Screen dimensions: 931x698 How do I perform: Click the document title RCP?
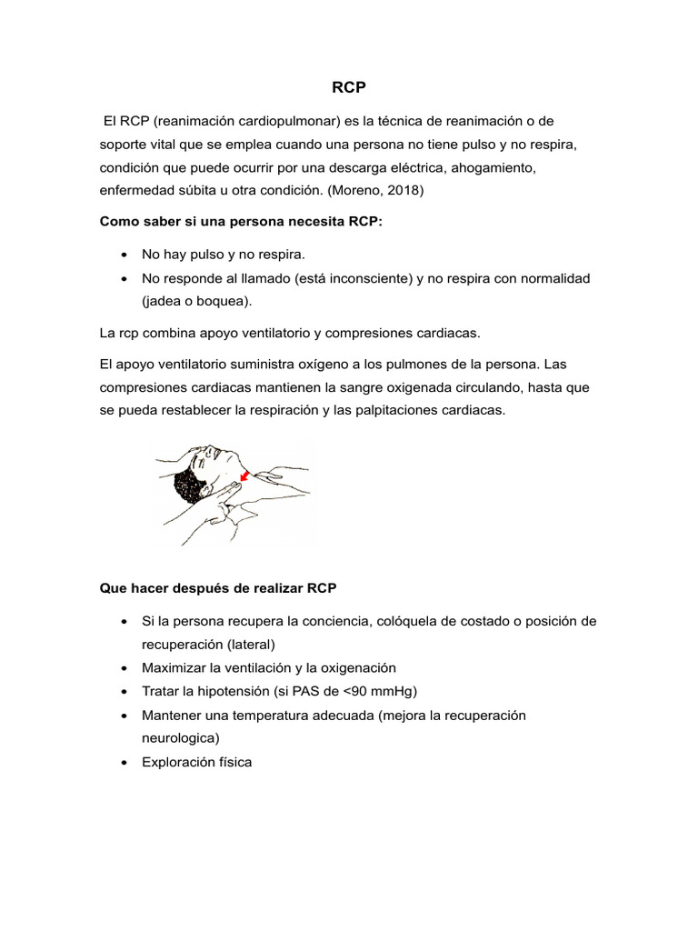click(348, 88)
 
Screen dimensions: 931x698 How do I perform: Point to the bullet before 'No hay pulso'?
click(123, 255)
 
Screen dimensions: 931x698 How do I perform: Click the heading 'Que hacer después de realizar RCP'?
click(217, 588)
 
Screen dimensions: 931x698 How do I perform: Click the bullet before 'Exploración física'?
click(123, 763)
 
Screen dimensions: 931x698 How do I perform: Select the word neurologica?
click(180, 738)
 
